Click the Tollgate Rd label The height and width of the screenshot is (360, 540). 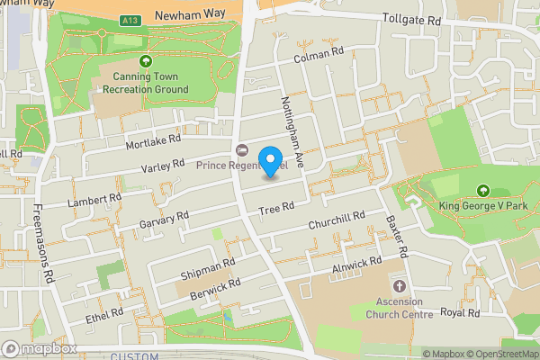pos(411,19)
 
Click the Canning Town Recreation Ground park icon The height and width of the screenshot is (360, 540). pos(146,61)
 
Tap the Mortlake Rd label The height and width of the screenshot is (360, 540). pos(154,142)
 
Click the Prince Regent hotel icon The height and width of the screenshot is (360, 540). pos(240,149)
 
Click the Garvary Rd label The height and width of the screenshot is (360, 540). pos(163,219)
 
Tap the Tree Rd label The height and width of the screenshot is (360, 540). pos(276,209)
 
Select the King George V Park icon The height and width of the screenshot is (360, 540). pos(483,191)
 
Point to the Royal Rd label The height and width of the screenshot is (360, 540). pos(460,312)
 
